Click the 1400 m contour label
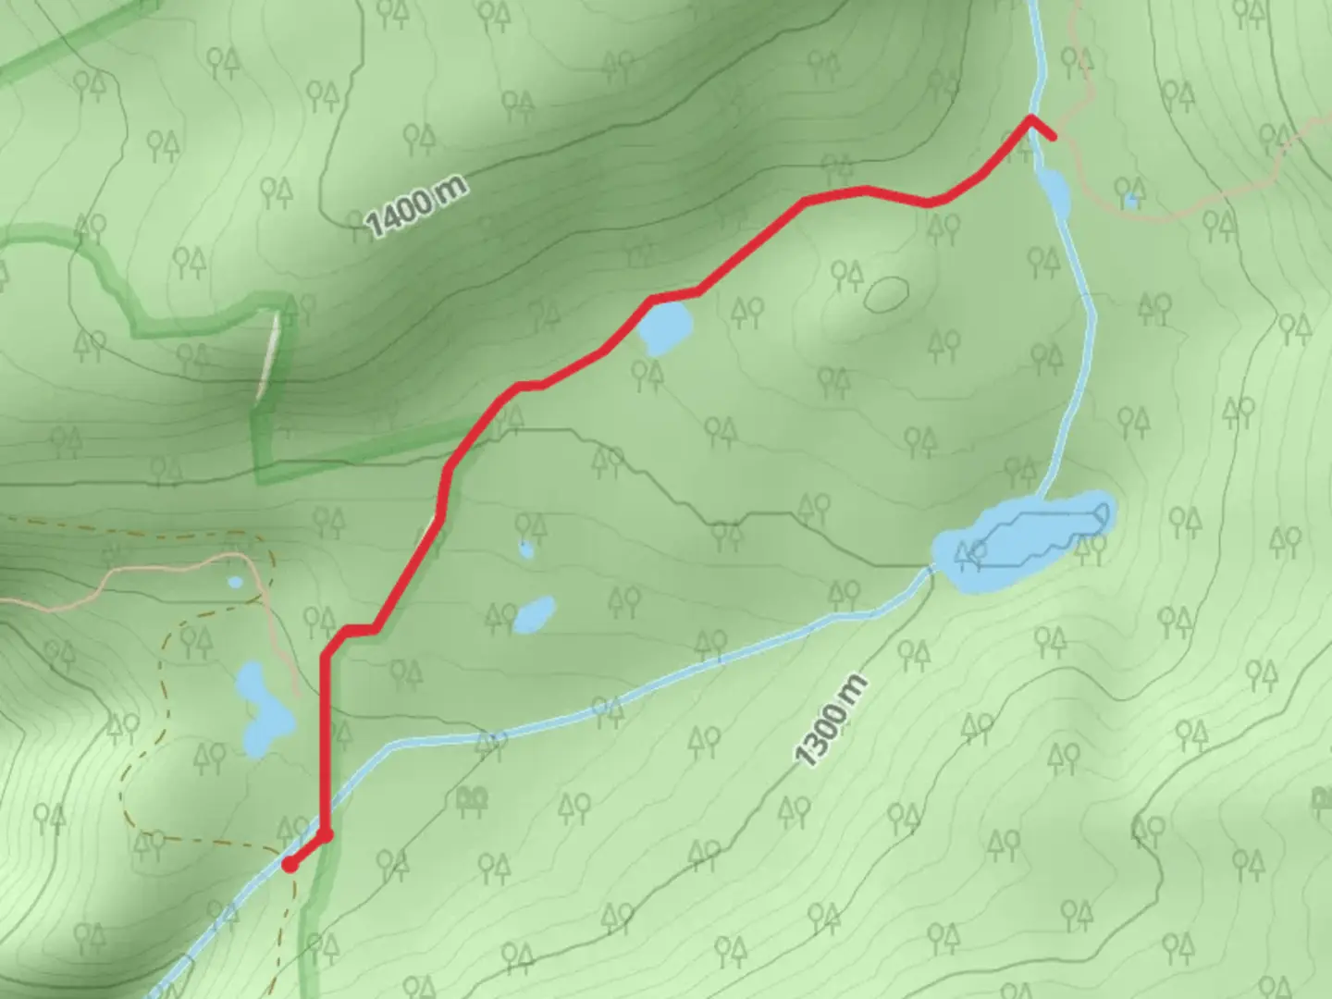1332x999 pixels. [x=416, y=207]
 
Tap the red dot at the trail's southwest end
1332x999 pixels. [x=290, y=865]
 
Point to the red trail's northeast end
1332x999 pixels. [x=1052, y=136]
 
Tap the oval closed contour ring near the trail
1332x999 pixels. [x=886, y=294]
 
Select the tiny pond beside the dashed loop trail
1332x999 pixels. [x=235, y=582]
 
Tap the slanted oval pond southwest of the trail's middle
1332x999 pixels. [x=534, y=613]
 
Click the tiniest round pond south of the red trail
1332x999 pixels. [x=525, y=550]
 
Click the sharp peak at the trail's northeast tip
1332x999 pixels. [x=1030, y=117]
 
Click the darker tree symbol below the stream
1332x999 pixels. [x=472, y=797]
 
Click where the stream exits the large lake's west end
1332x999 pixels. [x=931, y=568]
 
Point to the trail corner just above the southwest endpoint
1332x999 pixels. [x=326, y=835]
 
